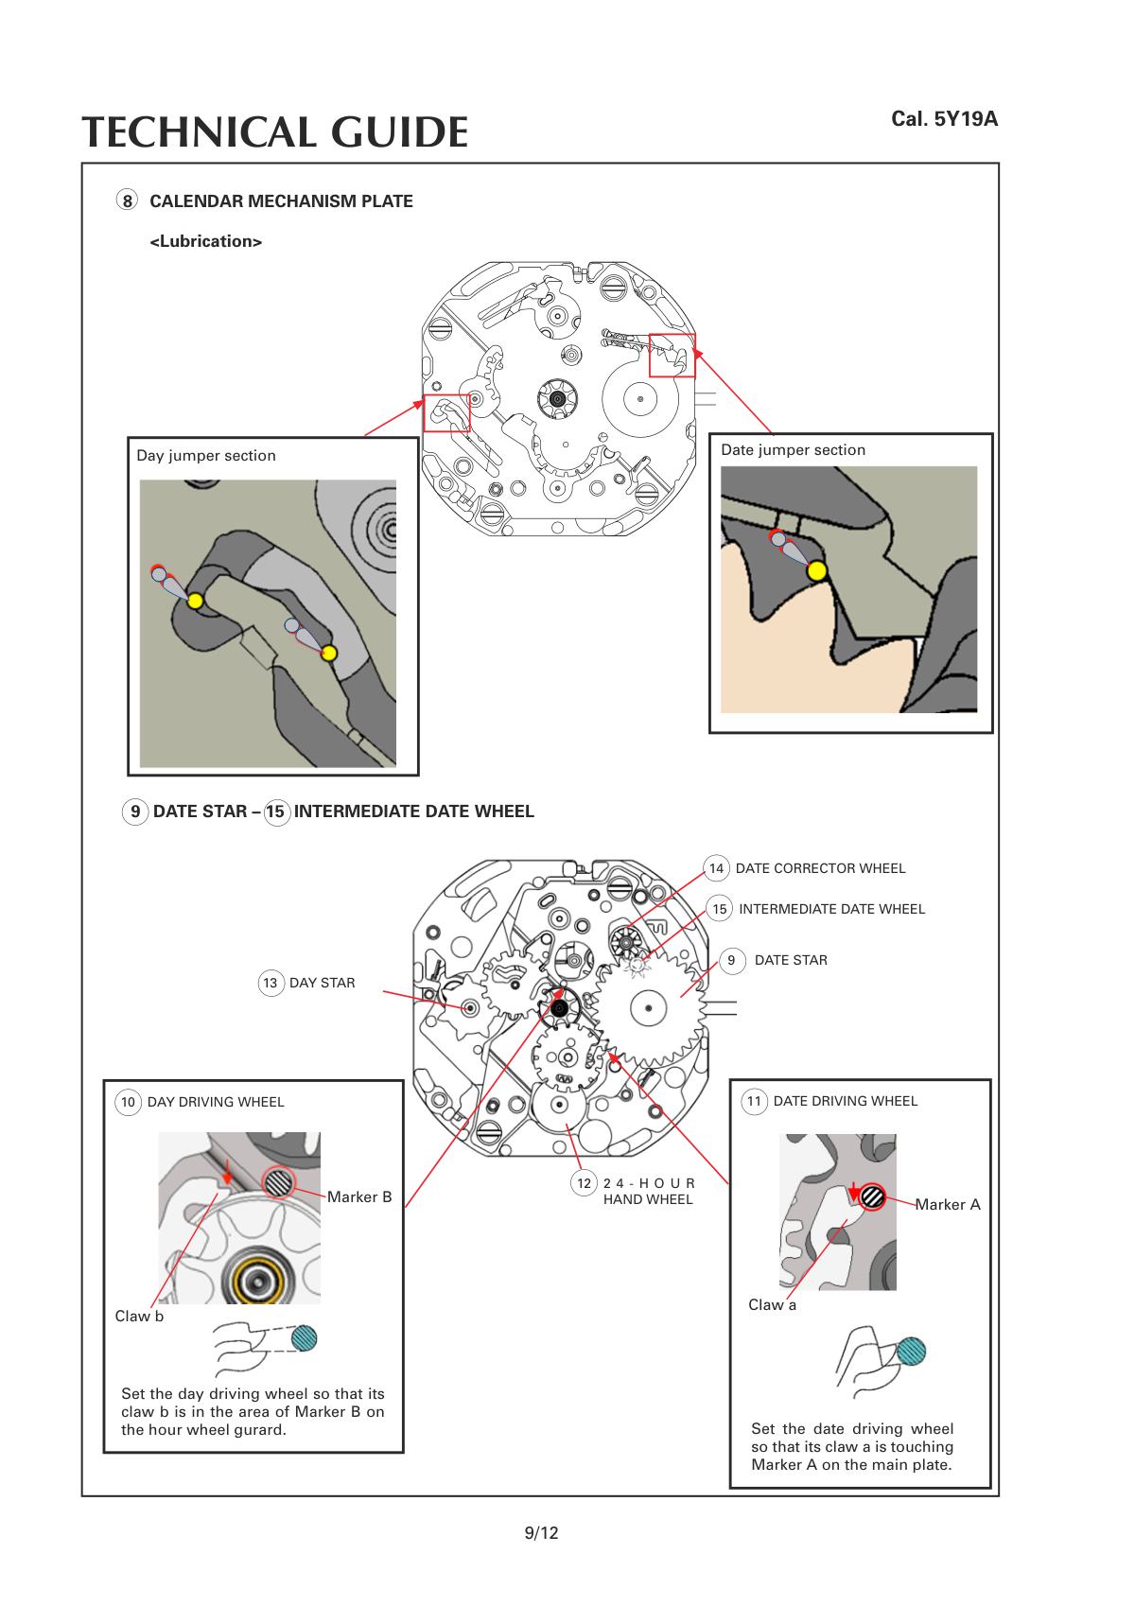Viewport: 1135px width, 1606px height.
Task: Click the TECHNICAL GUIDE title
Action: [x=274, y=131]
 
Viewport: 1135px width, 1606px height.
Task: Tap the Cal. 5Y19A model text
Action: [x=944, y=119]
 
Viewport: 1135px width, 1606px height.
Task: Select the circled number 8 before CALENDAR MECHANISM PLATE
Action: [x=127, y=201]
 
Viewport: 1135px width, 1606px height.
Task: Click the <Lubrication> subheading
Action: [x=206, y=241]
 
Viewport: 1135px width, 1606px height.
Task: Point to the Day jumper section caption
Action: [x=206, y=455]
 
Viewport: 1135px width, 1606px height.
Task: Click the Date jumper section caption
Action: [x=793, y=449]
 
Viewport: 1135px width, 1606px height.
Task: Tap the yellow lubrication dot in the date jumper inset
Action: [x=816, y=570]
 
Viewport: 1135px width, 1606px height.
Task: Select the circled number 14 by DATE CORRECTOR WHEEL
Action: [x=716, y=868]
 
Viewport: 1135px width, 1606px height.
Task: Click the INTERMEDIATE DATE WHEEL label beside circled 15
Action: [x=831, y=909]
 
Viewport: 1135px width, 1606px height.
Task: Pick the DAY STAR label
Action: [x=322, y=983]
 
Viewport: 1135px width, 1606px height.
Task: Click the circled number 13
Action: [x=271, y=983]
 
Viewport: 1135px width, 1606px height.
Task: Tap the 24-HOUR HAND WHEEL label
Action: [x=648, y=1191]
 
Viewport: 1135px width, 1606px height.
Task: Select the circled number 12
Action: [x=585, y=1183]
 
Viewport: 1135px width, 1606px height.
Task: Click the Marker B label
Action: [x=359, y=1196]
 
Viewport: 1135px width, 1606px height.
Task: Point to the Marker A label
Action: [x=947, y=1205]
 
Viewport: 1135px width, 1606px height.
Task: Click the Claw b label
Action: [x=139, y=1317]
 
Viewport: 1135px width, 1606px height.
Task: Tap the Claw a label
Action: [x=772, y=1305]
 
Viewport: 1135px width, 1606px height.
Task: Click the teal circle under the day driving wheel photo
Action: [x=304, y=1337]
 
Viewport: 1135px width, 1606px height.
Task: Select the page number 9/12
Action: [x=541, y=1533]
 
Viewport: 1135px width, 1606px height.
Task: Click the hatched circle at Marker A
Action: [x=873, y=1196]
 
